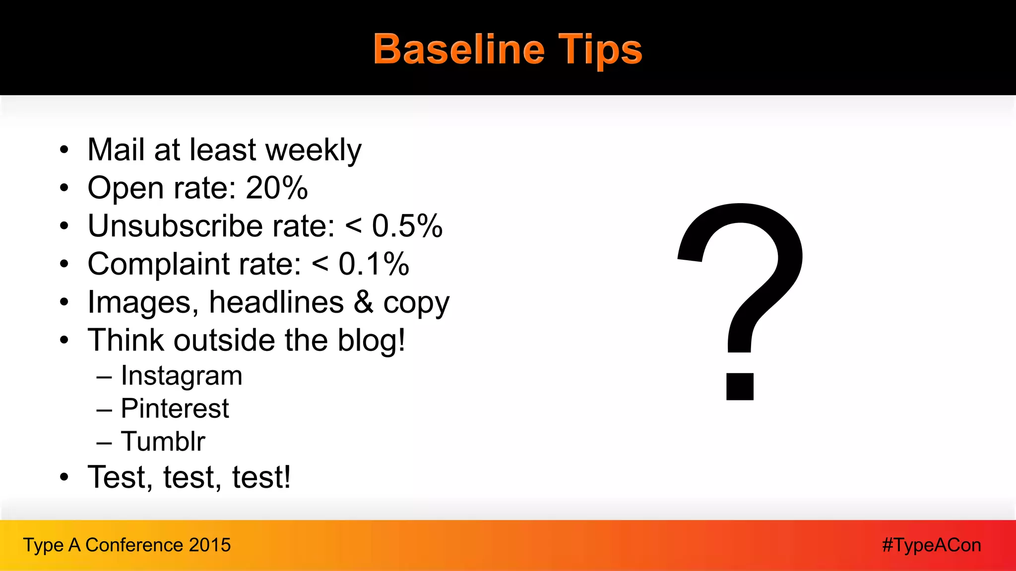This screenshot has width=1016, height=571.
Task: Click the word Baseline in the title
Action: point(459,50)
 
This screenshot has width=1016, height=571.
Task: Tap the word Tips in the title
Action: point(600,50)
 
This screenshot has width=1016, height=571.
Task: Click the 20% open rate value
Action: point(277,188)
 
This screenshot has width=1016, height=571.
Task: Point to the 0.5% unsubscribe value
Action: point(407,227)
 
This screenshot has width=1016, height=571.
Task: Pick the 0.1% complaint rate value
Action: point(374,264)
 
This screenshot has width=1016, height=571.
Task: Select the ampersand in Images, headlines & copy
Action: point(363,302)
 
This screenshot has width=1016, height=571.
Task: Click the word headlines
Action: point(276,302)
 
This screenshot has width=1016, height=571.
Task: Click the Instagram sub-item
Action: point(182,376)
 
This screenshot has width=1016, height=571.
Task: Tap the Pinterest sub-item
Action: point(175,409)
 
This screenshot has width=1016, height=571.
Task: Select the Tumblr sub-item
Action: point(163,442)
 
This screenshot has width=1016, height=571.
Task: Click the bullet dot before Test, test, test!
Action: point(64,478)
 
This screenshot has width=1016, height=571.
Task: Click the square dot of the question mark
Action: point(740,386)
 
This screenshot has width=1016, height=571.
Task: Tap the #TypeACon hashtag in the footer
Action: point(931,545)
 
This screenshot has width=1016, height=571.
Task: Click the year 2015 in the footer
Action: point(210,545)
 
